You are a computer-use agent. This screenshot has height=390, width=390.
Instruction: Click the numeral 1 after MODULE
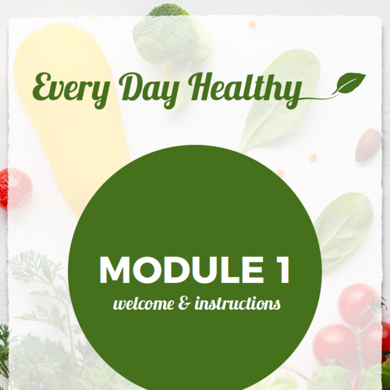282,270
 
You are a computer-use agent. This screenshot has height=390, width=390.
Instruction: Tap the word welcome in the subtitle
144,303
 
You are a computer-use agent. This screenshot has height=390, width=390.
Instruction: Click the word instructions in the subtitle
238,303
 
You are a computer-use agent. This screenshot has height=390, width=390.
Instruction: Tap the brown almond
368,145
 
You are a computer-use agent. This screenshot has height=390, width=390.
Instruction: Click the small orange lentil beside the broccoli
252,24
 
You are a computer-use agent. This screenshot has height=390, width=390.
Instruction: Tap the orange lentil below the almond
313,157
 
